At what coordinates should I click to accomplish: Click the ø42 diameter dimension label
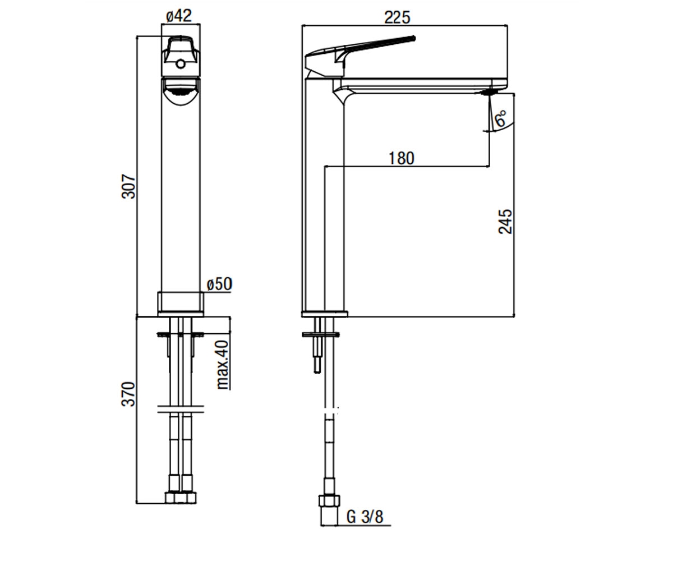tap(179, 16)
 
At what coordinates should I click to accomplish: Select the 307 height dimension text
tap(128, 186)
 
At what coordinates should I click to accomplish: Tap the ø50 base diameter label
tap(219, 284)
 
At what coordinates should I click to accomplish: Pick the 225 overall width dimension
tap(397, 17)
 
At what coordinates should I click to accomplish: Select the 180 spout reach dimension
tap(402, 158)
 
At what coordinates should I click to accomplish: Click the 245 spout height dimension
tap(505, 221)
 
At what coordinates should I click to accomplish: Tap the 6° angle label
tap(500, 118)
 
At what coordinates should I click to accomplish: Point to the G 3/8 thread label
tap(365, 526)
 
